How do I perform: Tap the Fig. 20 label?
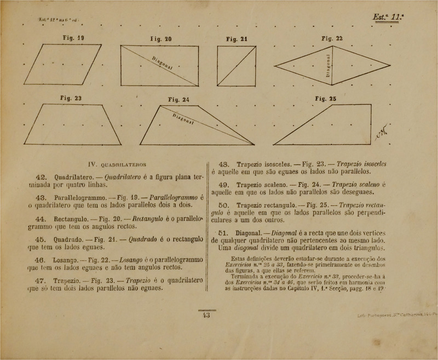point(160,39)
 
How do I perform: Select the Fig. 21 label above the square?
point(237,39)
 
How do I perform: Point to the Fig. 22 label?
point(332,38)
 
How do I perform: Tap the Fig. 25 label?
point(327,99)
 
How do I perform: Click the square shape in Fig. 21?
point(237,65)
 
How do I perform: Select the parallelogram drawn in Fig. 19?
point(64,65)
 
